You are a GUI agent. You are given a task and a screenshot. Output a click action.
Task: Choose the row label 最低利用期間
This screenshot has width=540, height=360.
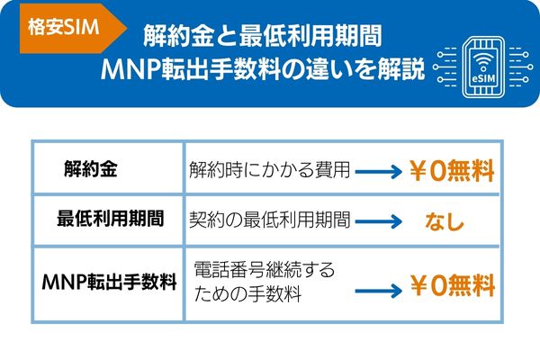(110, 218)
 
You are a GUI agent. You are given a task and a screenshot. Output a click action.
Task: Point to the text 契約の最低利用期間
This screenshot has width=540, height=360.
(269, 219)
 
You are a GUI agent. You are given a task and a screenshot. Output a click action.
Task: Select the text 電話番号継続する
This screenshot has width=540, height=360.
(264, 269)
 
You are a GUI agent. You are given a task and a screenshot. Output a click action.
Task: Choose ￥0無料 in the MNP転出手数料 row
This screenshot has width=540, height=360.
(453, 288)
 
